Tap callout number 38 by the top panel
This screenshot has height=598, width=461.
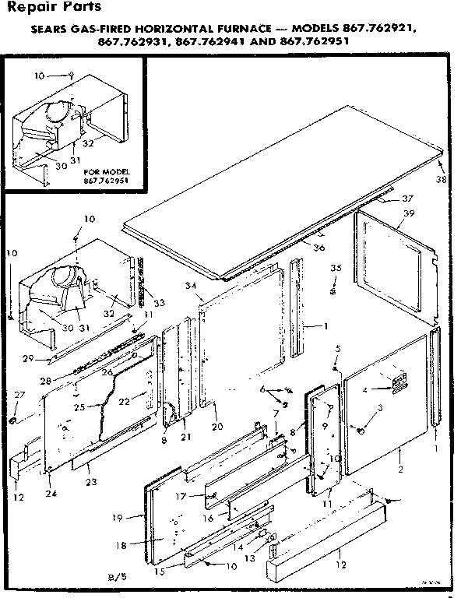(443, 178)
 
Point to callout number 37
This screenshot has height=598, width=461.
(407, 198)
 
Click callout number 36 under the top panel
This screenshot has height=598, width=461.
(318, 248)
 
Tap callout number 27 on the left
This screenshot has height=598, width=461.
(19, 396)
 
